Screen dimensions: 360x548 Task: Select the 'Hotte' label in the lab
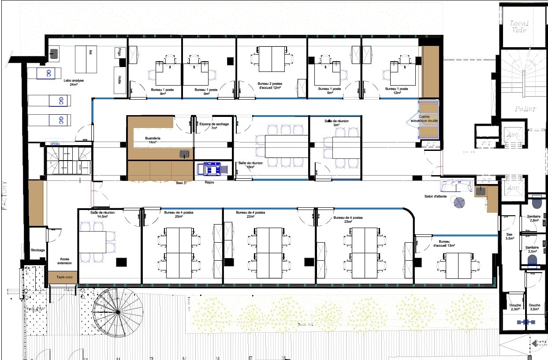pyautogui.click(x=119, y=80)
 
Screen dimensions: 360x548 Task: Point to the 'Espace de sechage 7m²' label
pyautogui.click(x=214, y=126)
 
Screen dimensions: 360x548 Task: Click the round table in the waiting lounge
pyautogui.click(x=459, y=202)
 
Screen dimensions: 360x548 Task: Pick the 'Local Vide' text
pyautogui.click(x=519, y=26)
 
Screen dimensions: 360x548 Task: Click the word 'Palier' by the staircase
pyautogui.click(x=525, y=109)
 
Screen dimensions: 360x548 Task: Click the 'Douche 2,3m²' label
pyautogui.click(x=515, y=307)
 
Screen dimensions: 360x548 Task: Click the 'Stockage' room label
pyautogui.click(x=37, y=250)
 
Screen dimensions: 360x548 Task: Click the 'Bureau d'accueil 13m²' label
pyautogui.click(x=447, y=244)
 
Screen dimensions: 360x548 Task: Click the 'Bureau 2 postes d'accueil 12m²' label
pyautogui.click(x=271, y=86)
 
